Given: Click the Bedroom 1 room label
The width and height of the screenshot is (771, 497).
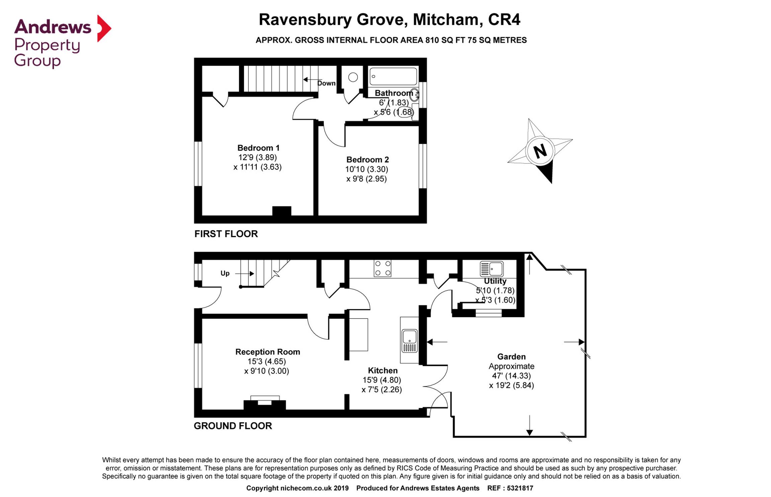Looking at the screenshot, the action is (x=258, y=148).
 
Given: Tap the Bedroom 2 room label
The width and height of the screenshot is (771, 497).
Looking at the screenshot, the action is (x=367, y=159).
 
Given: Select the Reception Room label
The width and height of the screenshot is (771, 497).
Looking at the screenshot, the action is (x=267, y=352).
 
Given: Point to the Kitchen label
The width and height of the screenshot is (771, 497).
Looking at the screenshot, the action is (x=382, y=370).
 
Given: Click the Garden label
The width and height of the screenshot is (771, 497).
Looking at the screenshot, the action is (x=511, y=357).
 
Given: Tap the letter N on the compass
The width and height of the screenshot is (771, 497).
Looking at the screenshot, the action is (x=540, y=151).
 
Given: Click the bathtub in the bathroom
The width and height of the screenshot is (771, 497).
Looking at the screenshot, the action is (x=393, y=77).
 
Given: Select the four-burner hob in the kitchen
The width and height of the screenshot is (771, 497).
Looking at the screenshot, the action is (x=382, y=268).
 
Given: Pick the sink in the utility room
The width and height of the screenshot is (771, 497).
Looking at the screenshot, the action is (x=492, y=269).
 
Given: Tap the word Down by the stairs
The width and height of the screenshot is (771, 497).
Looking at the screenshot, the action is (x=326, y=83).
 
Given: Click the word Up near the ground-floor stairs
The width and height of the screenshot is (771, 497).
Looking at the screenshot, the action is (x=225, y=273).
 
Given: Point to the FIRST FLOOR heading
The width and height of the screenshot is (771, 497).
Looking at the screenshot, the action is (x=226, y=234).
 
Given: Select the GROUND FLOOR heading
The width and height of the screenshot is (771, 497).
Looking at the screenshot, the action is (x=233, y=426).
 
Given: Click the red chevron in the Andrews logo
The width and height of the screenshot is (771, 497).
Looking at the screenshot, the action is (x=104, y=28).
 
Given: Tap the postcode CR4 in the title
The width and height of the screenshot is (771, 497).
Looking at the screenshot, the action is (x=504, y=19).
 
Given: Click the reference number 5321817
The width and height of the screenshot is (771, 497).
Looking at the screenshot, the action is (x=520, y=488).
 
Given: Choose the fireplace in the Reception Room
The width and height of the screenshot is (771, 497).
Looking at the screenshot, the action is (x=265, y=403).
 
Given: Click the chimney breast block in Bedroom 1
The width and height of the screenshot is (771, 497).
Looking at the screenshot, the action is (x=282, y=211).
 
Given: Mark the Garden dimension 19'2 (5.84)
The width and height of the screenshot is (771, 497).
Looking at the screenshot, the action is (x=511, y=385).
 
